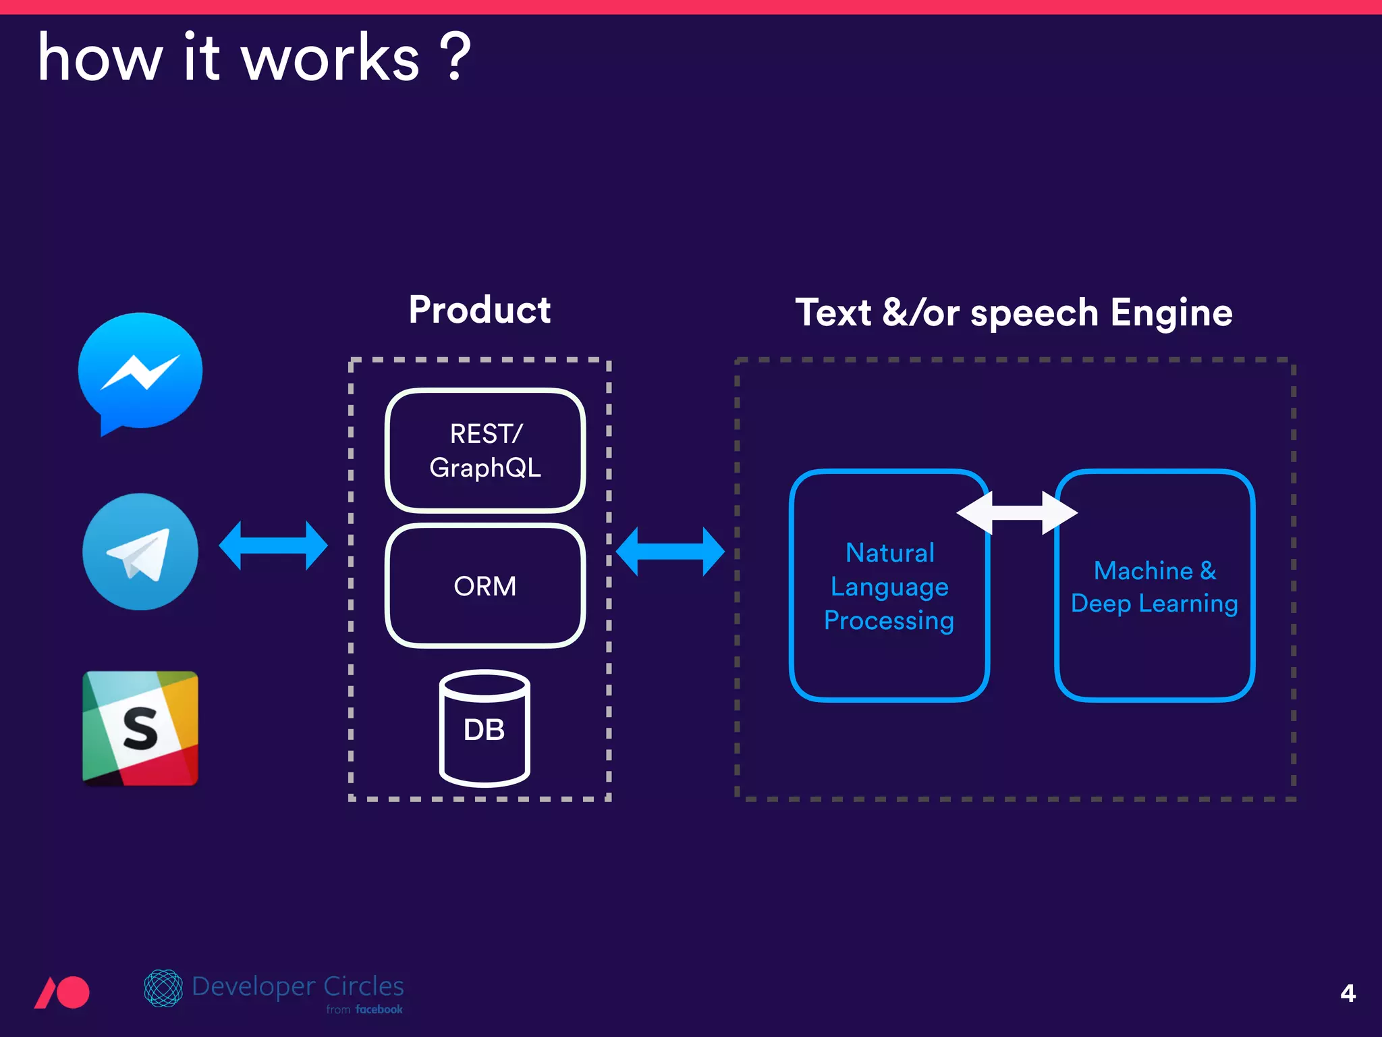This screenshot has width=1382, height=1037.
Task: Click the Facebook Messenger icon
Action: click(140, 371)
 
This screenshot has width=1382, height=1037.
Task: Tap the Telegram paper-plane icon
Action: click(140, 552)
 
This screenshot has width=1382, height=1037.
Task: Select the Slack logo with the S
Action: click(140, 728)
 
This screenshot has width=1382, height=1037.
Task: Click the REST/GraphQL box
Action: click(485, 450)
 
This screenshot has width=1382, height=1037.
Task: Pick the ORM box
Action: click(485, 585)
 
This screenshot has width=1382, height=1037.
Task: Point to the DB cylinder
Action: click(485, 729)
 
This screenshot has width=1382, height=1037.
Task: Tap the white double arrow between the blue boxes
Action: click(1017, 512)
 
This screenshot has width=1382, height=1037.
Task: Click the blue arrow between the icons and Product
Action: click(273, 545)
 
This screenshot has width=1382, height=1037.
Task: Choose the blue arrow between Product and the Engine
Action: click(670, 552)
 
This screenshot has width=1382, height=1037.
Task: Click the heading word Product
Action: click(480, 310)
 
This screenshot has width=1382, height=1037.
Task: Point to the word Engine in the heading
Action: click(1171, 313)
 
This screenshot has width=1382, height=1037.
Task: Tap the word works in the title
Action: click(331, 59)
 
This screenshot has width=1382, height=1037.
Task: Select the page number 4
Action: click(1348, 992)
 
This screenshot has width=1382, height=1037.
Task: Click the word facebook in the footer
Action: click(379, 1009)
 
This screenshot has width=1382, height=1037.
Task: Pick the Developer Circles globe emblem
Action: click(163, 988)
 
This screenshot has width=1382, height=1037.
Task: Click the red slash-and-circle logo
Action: click(62, 992)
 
